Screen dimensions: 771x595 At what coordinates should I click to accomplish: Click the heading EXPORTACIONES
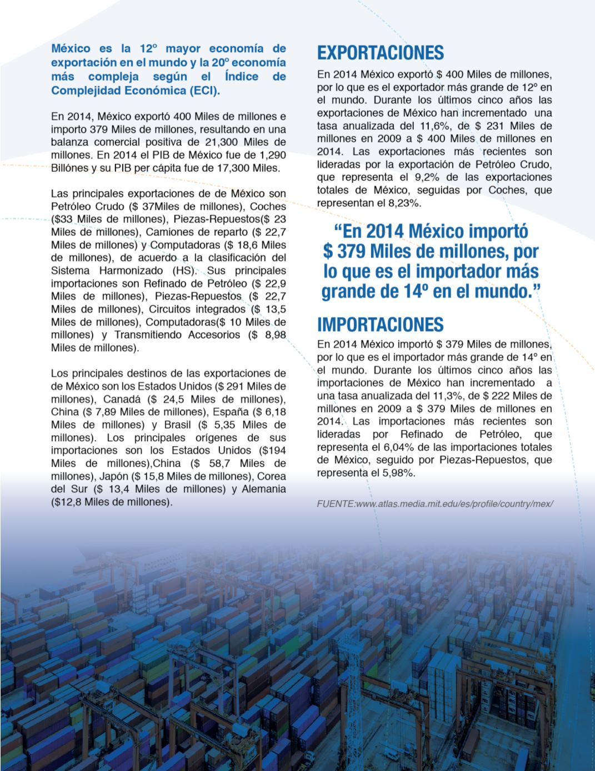tap(381, 53)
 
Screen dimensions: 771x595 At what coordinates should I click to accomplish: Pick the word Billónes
tap(70, 167)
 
